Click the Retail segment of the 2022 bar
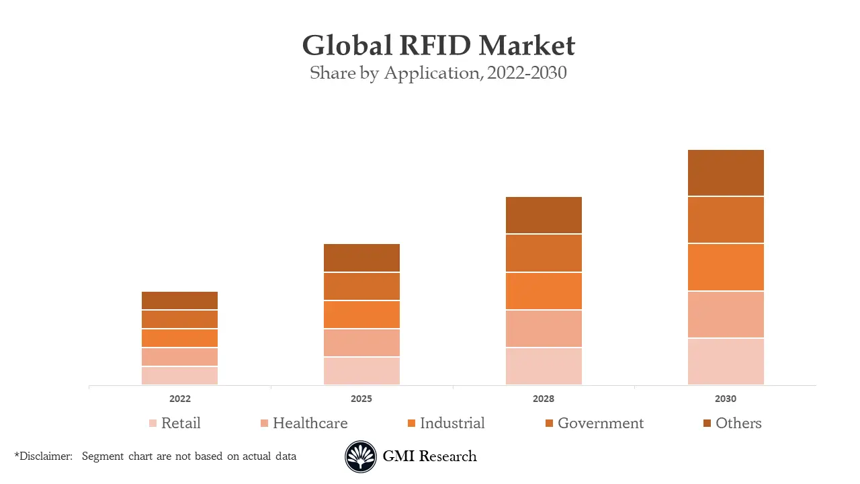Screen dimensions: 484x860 (x=179, y=376)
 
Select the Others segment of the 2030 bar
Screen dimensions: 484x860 (x=726, y=173)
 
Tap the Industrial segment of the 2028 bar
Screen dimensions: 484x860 (x=544, y=291)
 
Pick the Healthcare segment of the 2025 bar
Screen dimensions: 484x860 (x=361, y=343)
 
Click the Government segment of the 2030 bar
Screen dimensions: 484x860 (x=726, y=220)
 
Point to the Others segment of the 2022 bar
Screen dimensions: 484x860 (x=179, y=300)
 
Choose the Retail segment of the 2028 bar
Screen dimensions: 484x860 (x=544, y=366)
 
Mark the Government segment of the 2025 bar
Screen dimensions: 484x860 (x=361, y=286)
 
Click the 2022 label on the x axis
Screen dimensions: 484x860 (x=180, y=399)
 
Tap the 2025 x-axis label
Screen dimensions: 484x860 (x=361, y=399)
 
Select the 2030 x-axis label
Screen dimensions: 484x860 (x=726, y=399)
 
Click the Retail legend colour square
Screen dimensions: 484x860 (x=153, y=424)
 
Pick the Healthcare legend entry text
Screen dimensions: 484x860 (x=310, y=424)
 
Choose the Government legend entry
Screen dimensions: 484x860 (x=600, y=424)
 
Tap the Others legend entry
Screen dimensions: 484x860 (x=738, y=424)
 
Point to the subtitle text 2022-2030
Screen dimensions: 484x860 (x=527, y=73)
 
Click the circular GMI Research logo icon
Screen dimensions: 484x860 (x=361, y=457)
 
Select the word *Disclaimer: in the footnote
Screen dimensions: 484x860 (x=43, y=456)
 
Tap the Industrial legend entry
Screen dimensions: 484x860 (x=451, y=424)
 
